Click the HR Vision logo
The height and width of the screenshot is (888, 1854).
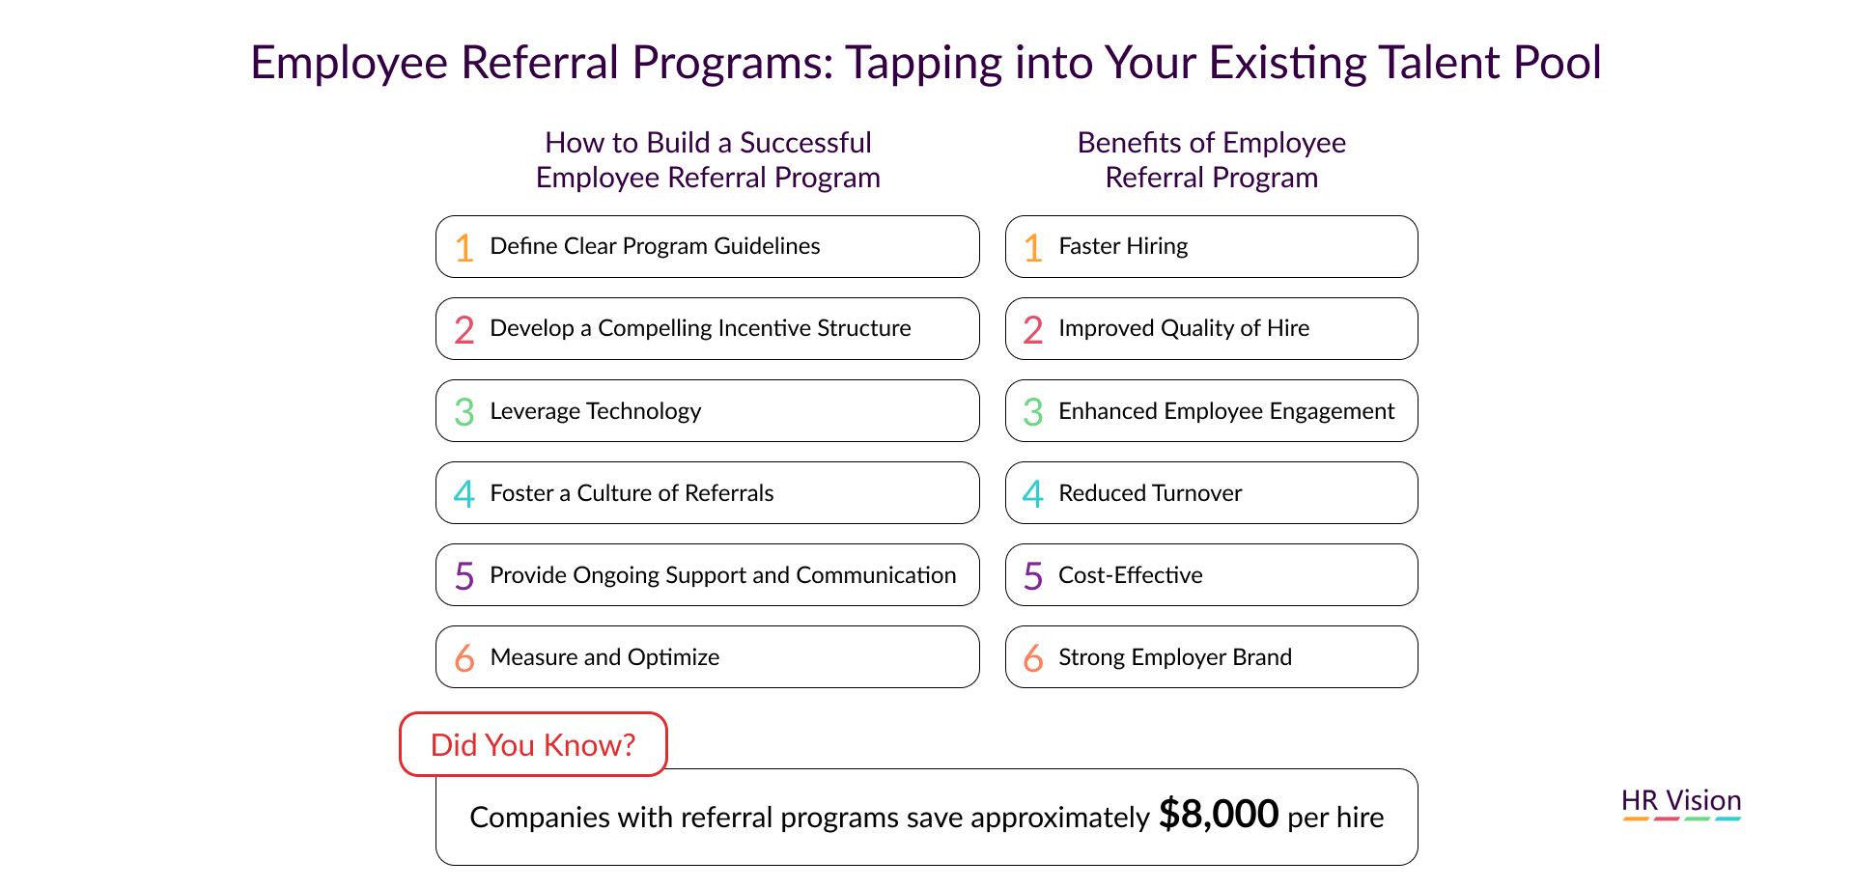1681,803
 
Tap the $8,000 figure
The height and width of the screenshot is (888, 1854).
1219,815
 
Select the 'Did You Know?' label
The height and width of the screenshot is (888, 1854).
533,744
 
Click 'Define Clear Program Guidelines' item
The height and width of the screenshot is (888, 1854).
655,246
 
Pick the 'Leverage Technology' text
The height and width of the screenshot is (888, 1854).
596,411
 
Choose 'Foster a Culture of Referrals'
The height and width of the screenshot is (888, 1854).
632,493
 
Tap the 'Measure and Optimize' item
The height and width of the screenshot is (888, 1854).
604,657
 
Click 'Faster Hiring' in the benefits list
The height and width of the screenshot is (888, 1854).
1123,246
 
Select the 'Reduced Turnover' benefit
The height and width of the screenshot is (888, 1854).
1150,493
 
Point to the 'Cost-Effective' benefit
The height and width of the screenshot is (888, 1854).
1131,575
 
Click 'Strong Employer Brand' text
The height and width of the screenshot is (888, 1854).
1175,657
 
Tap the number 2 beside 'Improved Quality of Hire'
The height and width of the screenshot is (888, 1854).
1033,330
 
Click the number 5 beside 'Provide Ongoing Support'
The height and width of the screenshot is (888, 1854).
464,576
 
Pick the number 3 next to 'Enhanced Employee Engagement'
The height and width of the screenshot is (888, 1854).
1033,412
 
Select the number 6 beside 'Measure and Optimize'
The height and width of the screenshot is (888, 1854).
464,658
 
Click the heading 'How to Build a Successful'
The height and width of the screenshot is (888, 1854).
708,143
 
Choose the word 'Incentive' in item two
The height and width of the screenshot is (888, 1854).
765,328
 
